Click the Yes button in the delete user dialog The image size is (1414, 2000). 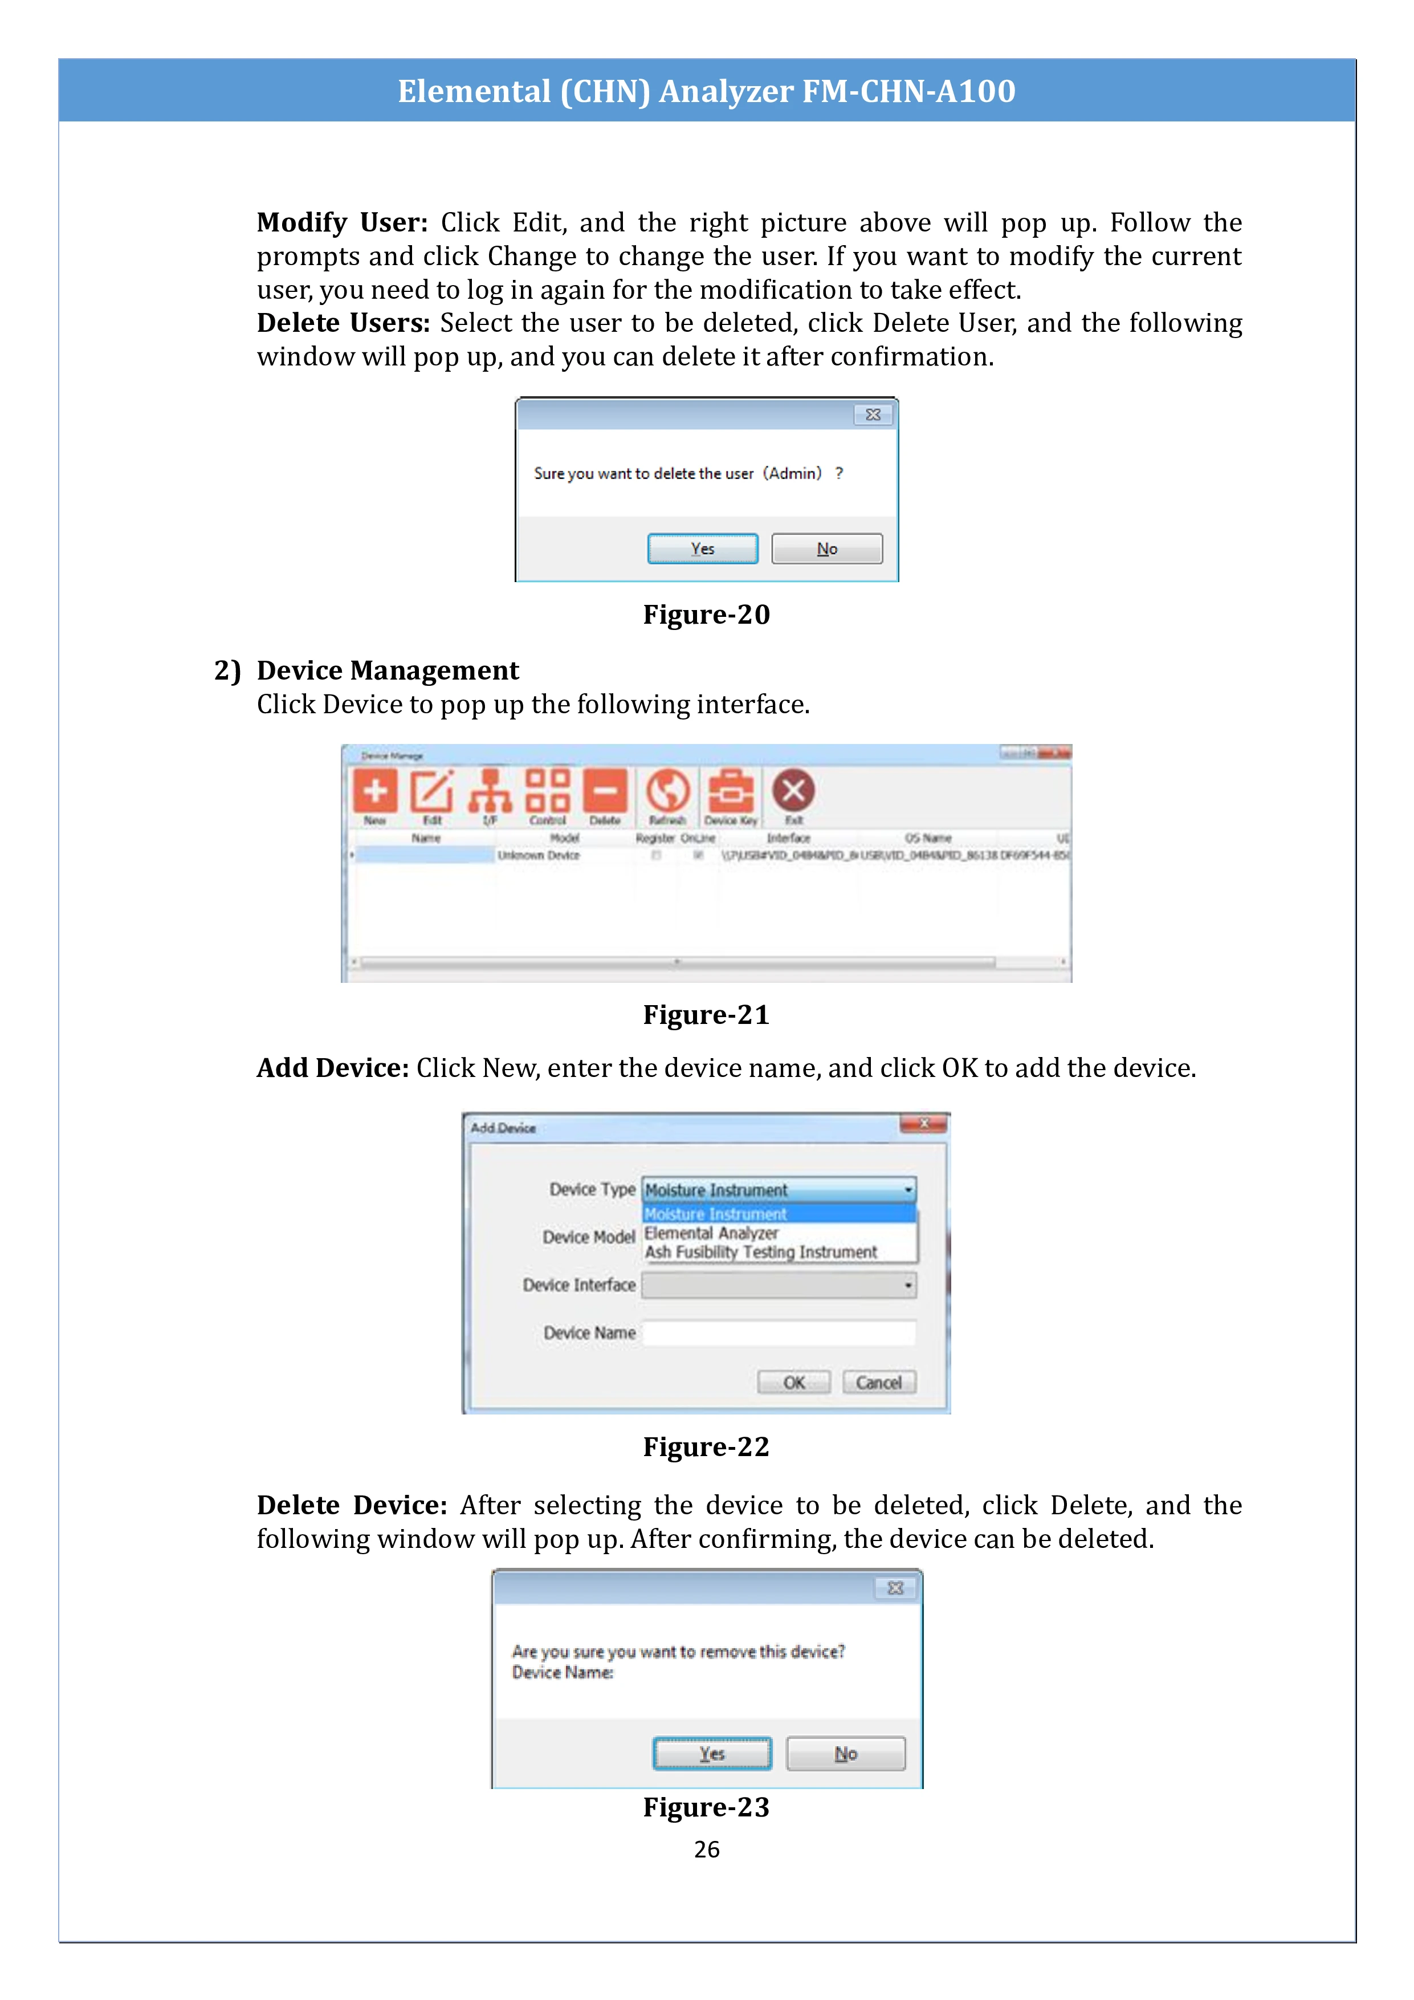pyautogui.click(x=702, y=549)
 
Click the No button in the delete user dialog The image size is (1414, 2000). pyautogui.click(x=826, y=549)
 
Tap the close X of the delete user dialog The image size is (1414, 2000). pyautogui.click(x=873, y=414)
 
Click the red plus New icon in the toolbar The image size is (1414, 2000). pyautogui.click(x=375, y=791)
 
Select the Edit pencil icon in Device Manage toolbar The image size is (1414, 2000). pyautogui.click(x=432, y=791)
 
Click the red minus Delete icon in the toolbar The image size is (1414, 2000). pyautogui.click(x=605, y=791)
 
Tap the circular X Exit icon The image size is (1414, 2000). pyautogui.click(x=793, y=791)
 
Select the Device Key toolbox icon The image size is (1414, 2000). pyautogui.click(x=731, y=791)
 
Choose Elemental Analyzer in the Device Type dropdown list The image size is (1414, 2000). pyautogui.click(x=711, y=1233)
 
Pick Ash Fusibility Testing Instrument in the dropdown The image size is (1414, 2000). pyautogui.click(x=761, y=1253)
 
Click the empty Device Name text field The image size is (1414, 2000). pyautogui.click(x=779, y=1333)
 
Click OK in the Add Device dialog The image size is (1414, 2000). pyautogui.click(x=793, y=1383)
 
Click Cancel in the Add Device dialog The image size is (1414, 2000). pyautogui.click(x=878, y=1383)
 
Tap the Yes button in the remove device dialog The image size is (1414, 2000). pyautogui.click(x=711, y=1754)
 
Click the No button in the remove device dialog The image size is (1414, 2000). pyautogui.click(x=845, y=1754)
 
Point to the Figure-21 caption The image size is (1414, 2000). pyautogui.click(x=706, y=1015)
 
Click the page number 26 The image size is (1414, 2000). pyautogui.click(x=706, y=1849)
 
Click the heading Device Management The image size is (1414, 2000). pyautogui.click(x=388, y=670)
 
